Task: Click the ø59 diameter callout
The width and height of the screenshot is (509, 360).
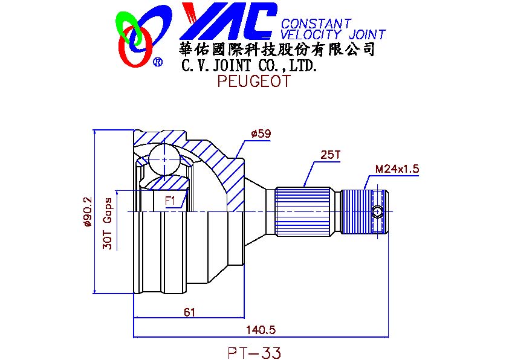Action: coord(261,133)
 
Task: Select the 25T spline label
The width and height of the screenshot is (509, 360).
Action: coord(330,155)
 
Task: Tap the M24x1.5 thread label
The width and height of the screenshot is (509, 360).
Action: coord(397,169)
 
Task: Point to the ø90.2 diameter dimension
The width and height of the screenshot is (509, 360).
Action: coord(88,211)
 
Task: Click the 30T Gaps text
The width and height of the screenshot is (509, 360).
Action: coord(108,223)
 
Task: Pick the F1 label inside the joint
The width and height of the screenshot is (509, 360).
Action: coord(170,201)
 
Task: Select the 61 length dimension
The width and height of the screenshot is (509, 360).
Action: coord(189,312)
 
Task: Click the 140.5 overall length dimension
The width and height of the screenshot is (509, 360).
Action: coord(261,330)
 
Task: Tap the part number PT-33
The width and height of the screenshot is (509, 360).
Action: coord(254,353)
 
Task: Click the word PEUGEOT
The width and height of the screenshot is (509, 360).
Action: coord(254,81)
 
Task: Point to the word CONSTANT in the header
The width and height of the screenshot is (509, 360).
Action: coord(316,24)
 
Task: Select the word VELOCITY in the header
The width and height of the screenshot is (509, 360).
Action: coord(311,34)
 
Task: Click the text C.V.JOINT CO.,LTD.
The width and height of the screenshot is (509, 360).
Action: coord(248,66)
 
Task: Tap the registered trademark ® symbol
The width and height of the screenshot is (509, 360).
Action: coord(158,62)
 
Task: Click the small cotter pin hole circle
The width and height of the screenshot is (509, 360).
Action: coord(378,212)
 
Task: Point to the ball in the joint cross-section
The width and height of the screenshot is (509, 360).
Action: coord(164,159)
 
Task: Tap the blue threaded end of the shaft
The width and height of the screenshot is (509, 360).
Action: coord(365,212)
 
